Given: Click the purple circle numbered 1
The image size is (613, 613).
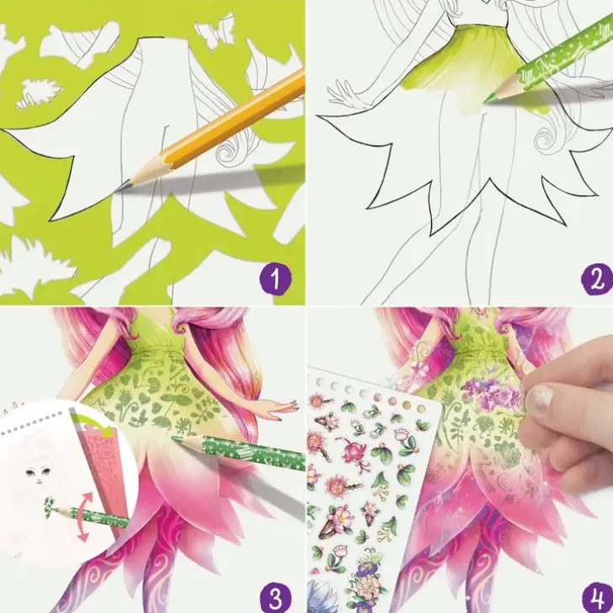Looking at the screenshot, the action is (275, 280).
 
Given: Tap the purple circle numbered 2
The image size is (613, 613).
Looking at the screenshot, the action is (597, 280).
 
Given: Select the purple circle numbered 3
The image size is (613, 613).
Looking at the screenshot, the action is (275, 597).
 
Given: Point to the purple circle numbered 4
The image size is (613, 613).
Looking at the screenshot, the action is (597, 597).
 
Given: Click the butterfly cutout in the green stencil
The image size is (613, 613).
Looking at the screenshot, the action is (211, 33).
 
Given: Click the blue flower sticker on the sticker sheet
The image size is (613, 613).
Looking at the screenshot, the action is (322, 597).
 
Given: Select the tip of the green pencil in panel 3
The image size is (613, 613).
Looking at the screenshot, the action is (173, 439).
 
